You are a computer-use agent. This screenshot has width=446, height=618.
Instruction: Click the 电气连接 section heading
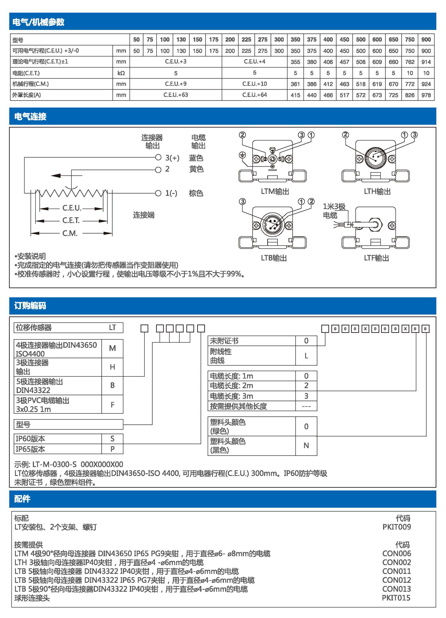(30, 117)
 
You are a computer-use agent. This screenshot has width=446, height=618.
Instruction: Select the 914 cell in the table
(426, 62)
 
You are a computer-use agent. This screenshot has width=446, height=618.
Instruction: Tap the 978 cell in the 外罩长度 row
(426, 95)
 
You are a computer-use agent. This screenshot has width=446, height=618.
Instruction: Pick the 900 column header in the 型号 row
(426, 40)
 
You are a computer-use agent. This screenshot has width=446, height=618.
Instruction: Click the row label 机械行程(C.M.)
(30, 84)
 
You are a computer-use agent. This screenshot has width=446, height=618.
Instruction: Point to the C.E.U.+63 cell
(175, 95)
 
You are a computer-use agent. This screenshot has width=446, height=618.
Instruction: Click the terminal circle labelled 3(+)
(158, 157)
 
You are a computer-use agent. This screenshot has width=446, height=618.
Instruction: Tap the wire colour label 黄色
(196, 169)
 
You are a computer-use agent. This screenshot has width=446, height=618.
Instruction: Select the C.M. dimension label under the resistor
(70, 233)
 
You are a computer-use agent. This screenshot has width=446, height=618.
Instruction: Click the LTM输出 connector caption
(275, 191)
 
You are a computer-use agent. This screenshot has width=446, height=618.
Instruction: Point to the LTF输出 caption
(376, 258)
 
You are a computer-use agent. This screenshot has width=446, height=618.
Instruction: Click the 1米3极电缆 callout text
(334, 211)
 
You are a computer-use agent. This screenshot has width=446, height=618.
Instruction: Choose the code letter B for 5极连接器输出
(112, 385)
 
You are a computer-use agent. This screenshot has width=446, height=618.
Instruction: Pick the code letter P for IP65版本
(112, 449)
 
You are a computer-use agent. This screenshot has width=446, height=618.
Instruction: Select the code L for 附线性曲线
(306, 356)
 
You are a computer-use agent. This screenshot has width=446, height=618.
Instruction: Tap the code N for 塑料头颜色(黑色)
(306, 446)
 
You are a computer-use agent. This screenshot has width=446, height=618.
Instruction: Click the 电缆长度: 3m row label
(231, 396)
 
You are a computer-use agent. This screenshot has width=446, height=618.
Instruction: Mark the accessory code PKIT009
(396, 527)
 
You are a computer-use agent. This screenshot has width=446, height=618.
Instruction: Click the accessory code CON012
(396, 580)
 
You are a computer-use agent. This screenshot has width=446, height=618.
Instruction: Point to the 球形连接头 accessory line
(32, 598)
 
